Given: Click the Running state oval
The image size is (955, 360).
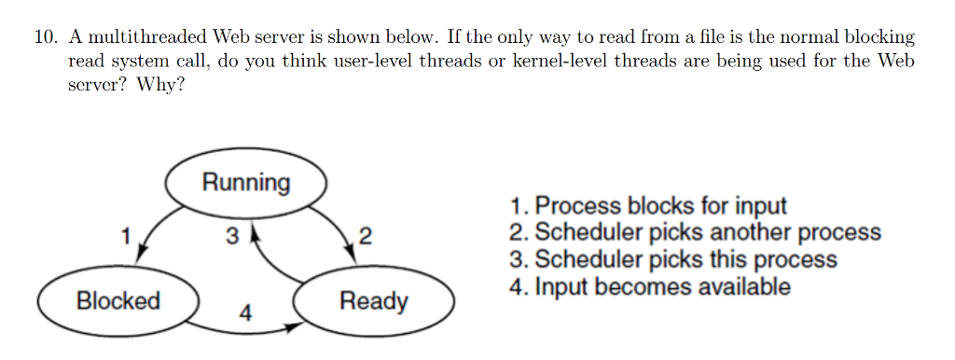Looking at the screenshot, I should pyautogui.click(x=246, y=182).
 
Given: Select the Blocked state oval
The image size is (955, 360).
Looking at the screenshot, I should pyautogui.click(x=118, y=301).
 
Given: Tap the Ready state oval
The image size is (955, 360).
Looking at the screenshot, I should pyautogui.click(x=373, y=301).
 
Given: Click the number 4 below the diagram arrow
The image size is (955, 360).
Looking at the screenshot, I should pyautogui.click(x=245, y=313).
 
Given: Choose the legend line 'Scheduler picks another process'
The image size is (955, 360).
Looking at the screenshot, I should pyautogui.click(x=695, y=232).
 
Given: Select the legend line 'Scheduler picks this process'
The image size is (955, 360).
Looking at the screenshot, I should pyautogui.click(x=672, y=259).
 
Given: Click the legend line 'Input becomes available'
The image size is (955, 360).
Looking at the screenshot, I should pyautogui.click(x=649, y=286).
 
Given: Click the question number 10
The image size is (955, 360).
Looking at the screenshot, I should pyautogui.click(x=46, y=38).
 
